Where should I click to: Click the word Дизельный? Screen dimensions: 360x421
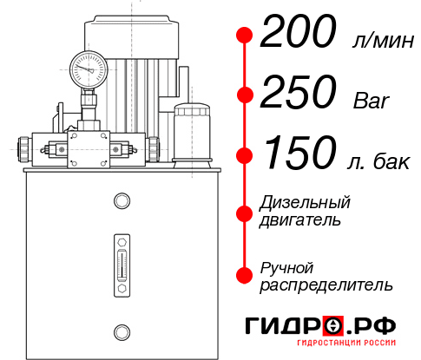306,203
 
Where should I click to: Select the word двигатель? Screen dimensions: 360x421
300,220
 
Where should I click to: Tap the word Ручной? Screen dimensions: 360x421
286,267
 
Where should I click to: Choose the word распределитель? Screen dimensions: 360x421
326,285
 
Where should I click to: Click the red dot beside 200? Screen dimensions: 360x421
245,36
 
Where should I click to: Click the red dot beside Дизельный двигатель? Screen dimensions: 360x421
245,212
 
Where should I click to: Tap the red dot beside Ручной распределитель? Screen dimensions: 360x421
245,276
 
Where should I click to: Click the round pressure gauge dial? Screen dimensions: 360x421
88,66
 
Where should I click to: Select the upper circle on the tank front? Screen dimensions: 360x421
122,201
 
